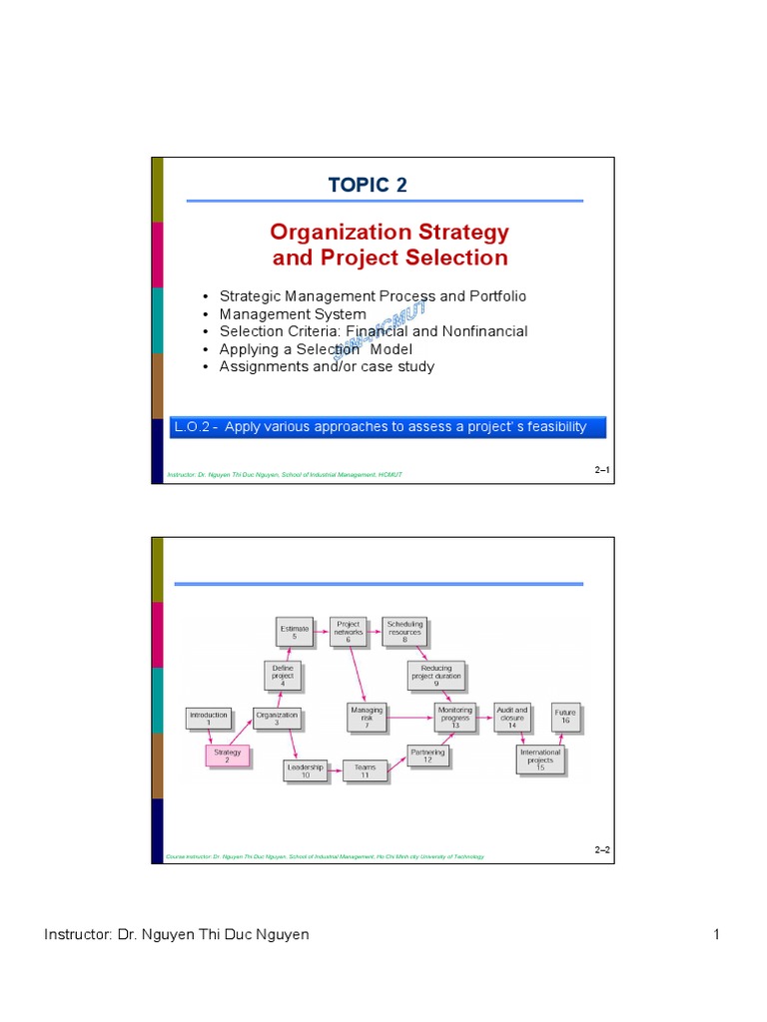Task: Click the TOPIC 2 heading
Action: pyautogui.click(x=368, y=185)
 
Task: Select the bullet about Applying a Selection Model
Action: pyautogui.click(x=315, y=349)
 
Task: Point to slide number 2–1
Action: pyautogui.click(x=602, y=468)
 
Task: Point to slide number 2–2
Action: pyautogui.click(x=602, y=849)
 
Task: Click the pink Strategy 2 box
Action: pyautogui.click(x=227, y=756)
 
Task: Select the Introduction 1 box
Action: pyautogui.click(x=209, y=719)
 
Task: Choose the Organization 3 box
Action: pyautogui.click(x=277, y=719)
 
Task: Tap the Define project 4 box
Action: pyautogui.click(x=284, y=676)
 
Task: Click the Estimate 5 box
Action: pyautogui.click(x=295, y=631)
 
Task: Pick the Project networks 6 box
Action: pyautogui.click(x=349, y=631)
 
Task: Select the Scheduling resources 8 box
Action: pyautogui.click(x=405, y=631)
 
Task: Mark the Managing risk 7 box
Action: pyautogui.click(x=367, y=718)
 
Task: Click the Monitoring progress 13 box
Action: pyautogui.click(x=455, y=718)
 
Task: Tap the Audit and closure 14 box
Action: pyautogui.click(x=512, y=718)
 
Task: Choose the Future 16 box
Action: pyautogui.click(x=565, y=717)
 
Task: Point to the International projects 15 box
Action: pyautogui.click(x=540, y=760)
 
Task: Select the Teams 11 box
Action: pyautogui.click(x=366, y=769)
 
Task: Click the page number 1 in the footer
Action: pyautogui.click(x=716, y=934)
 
